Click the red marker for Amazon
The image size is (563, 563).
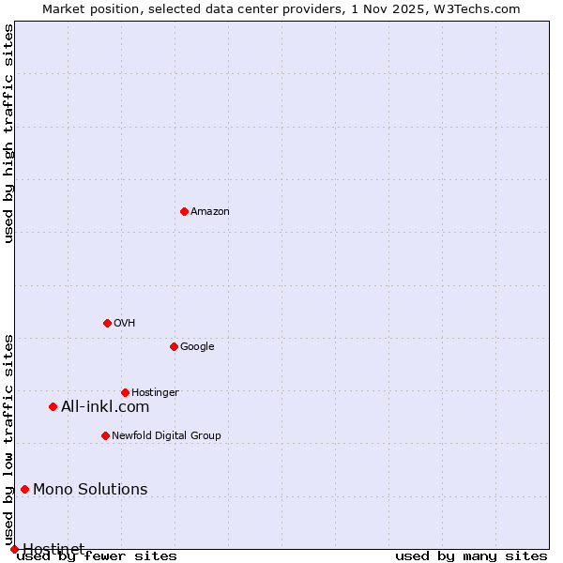pyautogui.click(x=184, y=211)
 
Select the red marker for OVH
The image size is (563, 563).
pyautogui.click(x=107, y=323)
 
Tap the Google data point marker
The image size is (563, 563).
pyautogui.click(x=174, y=346)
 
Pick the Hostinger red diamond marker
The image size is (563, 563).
pyautogui.click(x=125, y=392)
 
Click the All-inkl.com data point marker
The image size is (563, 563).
pyautogui.click(x=53, y=406)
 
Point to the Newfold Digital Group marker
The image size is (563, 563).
pyautogui.click(x=105, y=435)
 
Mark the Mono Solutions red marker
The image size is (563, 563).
pyautogui.click(x=24, y=489)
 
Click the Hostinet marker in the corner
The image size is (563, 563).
pyautogui.click(x=14, y=549)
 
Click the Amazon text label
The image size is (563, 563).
pyautogui.click(x=210, y=212)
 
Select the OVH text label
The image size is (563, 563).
pyautogui.click(x=125, y=324)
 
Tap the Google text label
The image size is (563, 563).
pyautogui.click(x=197, y=347)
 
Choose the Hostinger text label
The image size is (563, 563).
pyautogui.click(x=155, y=393)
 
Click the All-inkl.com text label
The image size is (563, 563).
pyautogui.click(x=105, y=406)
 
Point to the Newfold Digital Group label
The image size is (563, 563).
pyautogui.click(x=166, y=436)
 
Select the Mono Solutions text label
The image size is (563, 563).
pyautogui.click(x=90, y=489)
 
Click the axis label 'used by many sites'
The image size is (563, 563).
pyautogui.click(x=471, y=556)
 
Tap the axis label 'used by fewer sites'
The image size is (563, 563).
pyautogui.click(x=97, y=556)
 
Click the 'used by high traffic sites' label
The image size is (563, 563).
pyautogui.click(x=8, y=133)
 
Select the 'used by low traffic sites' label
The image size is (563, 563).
pyautogui.click(x=8, y=439)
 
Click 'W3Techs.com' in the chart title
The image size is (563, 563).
pyautogui.click(x=478, y=8)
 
